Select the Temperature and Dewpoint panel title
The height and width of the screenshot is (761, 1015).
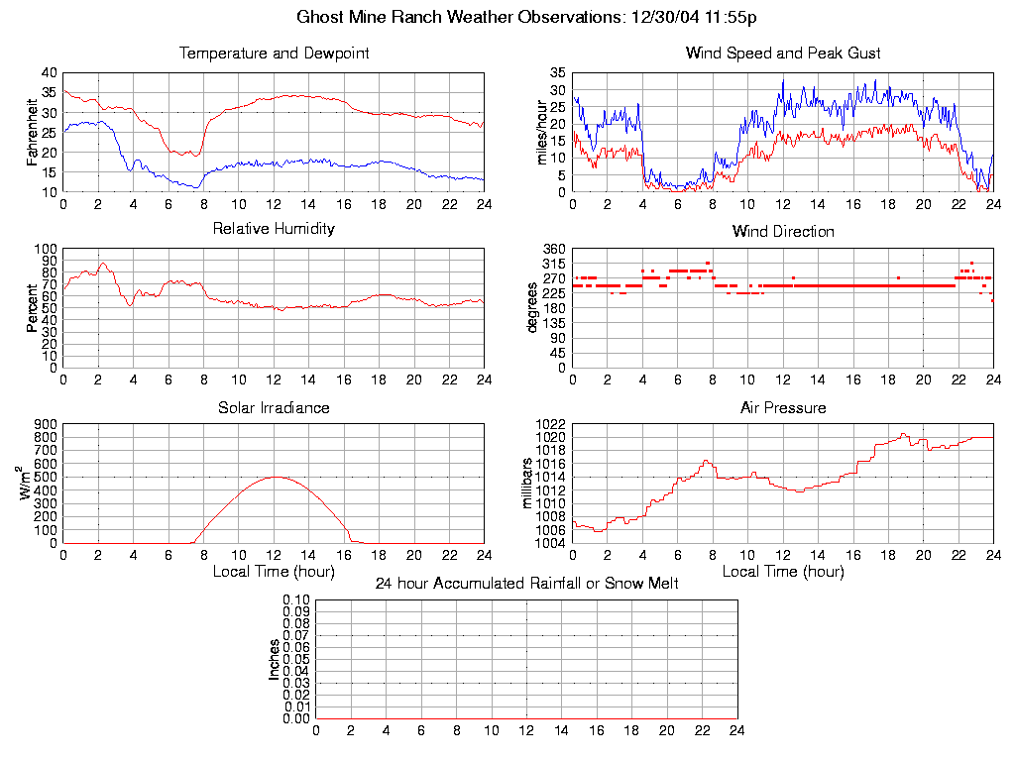coord(274,54)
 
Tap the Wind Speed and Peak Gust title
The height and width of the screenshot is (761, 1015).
coord(783,54)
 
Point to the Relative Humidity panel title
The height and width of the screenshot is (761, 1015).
coord(274,229)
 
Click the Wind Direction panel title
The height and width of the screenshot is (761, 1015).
coord(783,232)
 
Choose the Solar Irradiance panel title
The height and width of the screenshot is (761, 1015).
coord(274,408)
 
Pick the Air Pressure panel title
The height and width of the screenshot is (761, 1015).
coord(783,408)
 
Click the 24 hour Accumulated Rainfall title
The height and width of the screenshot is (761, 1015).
coord(526,584)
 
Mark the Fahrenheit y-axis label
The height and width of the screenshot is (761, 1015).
coord(32,133)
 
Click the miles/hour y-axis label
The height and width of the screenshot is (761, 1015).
coord(541,133)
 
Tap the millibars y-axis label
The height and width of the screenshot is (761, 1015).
coord(527,484)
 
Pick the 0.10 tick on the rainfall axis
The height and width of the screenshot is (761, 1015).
coord(296,600)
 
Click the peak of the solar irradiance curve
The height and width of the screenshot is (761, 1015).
coord(275,477)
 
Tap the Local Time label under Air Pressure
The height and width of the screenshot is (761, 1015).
coord(783,572)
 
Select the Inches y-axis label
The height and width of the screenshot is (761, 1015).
coord(274,659)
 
